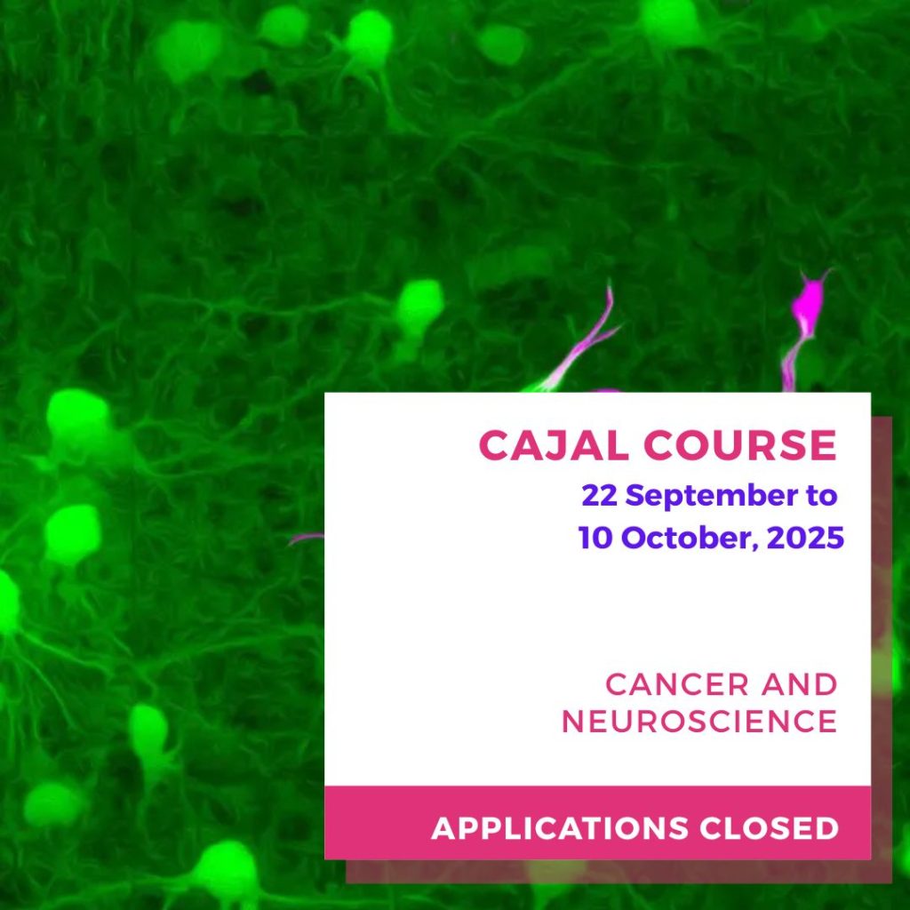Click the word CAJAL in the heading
553,446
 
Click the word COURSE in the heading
740,446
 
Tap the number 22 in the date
600,496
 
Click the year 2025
805,538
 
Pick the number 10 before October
595,538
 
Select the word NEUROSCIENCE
699,722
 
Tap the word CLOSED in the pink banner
770,828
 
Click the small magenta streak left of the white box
307,539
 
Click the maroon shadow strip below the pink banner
619,872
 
